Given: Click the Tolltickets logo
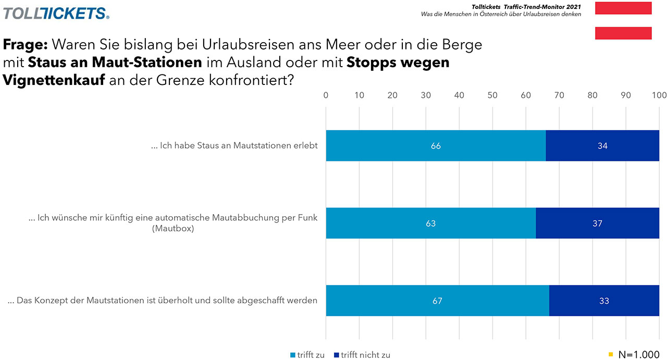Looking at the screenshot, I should [56, 13].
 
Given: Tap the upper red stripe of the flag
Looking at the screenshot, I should [623, 8].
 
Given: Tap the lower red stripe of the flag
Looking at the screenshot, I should [623, 33].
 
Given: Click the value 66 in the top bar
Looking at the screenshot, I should [436, 146].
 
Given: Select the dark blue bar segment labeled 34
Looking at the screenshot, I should [602, 146].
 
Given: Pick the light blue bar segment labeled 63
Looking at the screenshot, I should [430, 224].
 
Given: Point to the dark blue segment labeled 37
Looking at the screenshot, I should [597, 224].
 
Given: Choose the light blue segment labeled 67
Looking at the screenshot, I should [437, 301].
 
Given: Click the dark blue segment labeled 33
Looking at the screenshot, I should [604, 301].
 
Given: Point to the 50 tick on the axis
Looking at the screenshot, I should [492, 95].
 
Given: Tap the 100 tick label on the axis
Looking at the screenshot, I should [659, 95].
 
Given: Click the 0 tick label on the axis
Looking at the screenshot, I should [326, 95].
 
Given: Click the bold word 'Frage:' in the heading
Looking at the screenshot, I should [26, 45].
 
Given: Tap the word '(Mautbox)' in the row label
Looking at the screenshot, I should [173, 228].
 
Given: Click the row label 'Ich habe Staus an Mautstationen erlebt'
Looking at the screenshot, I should [234, 146].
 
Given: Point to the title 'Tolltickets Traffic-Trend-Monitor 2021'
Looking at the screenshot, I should [526, 6].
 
